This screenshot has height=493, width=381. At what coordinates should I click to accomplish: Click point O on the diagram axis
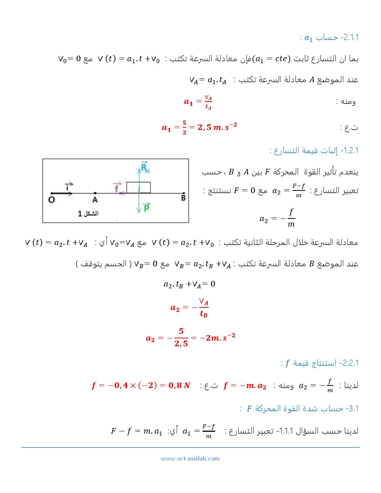(52, 199)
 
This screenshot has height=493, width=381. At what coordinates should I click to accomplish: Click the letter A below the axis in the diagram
(95, 200)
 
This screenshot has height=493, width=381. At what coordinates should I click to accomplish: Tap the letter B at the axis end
(183, 198)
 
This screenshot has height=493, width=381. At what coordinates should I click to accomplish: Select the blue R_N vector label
(145, 168)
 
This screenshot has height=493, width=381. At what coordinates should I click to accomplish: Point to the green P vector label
(146, 207)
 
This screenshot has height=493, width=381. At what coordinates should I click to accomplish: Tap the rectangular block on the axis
(139, 187)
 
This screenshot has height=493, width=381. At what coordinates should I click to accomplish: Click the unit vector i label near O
(69, 186)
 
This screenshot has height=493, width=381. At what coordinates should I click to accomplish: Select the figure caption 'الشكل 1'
(88, 213)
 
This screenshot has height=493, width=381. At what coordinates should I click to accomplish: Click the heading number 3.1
(353, 409)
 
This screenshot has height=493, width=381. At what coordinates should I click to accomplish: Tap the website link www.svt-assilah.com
(190, 459)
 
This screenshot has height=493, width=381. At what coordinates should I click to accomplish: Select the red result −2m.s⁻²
(217, 338)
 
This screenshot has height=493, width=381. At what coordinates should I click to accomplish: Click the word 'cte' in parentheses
(281, 59)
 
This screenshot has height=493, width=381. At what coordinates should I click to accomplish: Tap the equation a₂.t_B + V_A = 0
(189, 284)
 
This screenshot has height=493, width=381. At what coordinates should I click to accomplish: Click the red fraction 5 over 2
(185, 127)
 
